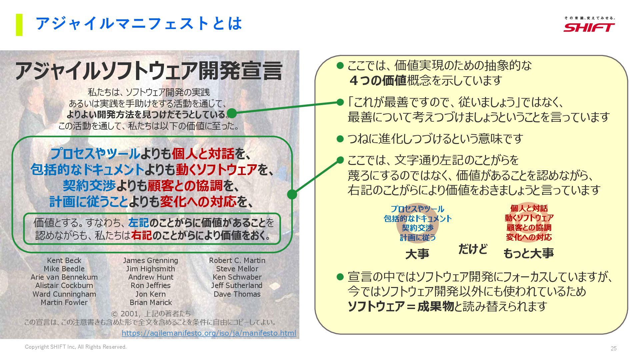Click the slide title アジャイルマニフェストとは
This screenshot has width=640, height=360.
[x=139, y=24]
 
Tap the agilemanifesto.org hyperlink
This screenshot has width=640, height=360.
[x=209, y=333]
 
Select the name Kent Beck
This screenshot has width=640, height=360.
[x=64, y=260]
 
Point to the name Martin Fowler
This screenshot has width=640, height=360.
[x=64, y=302]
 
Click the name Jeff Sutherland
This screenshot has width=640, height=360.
[x=237, y=285]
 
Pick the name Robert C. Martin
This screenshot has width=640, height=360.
[x=237, y=260]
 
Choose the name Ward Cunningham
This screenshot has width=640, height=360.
[x=64, y=294]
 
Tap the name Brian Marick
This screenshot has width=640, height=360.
[x=151, y=302]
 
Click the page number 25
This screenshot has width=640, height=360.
[x=613, y=348]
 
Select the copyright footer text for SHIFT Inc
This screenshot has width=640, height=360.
[x=76, y=347]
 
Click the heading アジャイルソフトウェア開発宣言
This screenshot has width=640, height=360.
[x=149, y=71]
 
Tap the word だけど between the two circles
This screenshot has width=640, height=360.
[x=473, y=249]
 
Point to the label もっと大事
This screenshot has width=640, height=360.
[x=528, y=253]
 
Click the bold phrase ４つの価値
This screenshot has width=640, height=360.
[x=377, y=80]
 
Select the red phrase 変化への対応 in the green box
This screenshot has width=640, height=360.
[x=198, y=201]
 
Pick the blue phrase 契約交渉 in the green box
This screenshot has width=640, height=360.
[x=89, y=186]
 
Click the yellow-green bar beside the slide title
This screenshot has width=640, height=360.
[x=19, y=25]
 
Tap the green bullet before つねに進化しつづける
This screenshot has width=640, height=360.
[x=340, y=139]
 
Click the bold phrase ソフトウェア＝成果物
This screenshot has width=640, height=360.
[x=401, y=306]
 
